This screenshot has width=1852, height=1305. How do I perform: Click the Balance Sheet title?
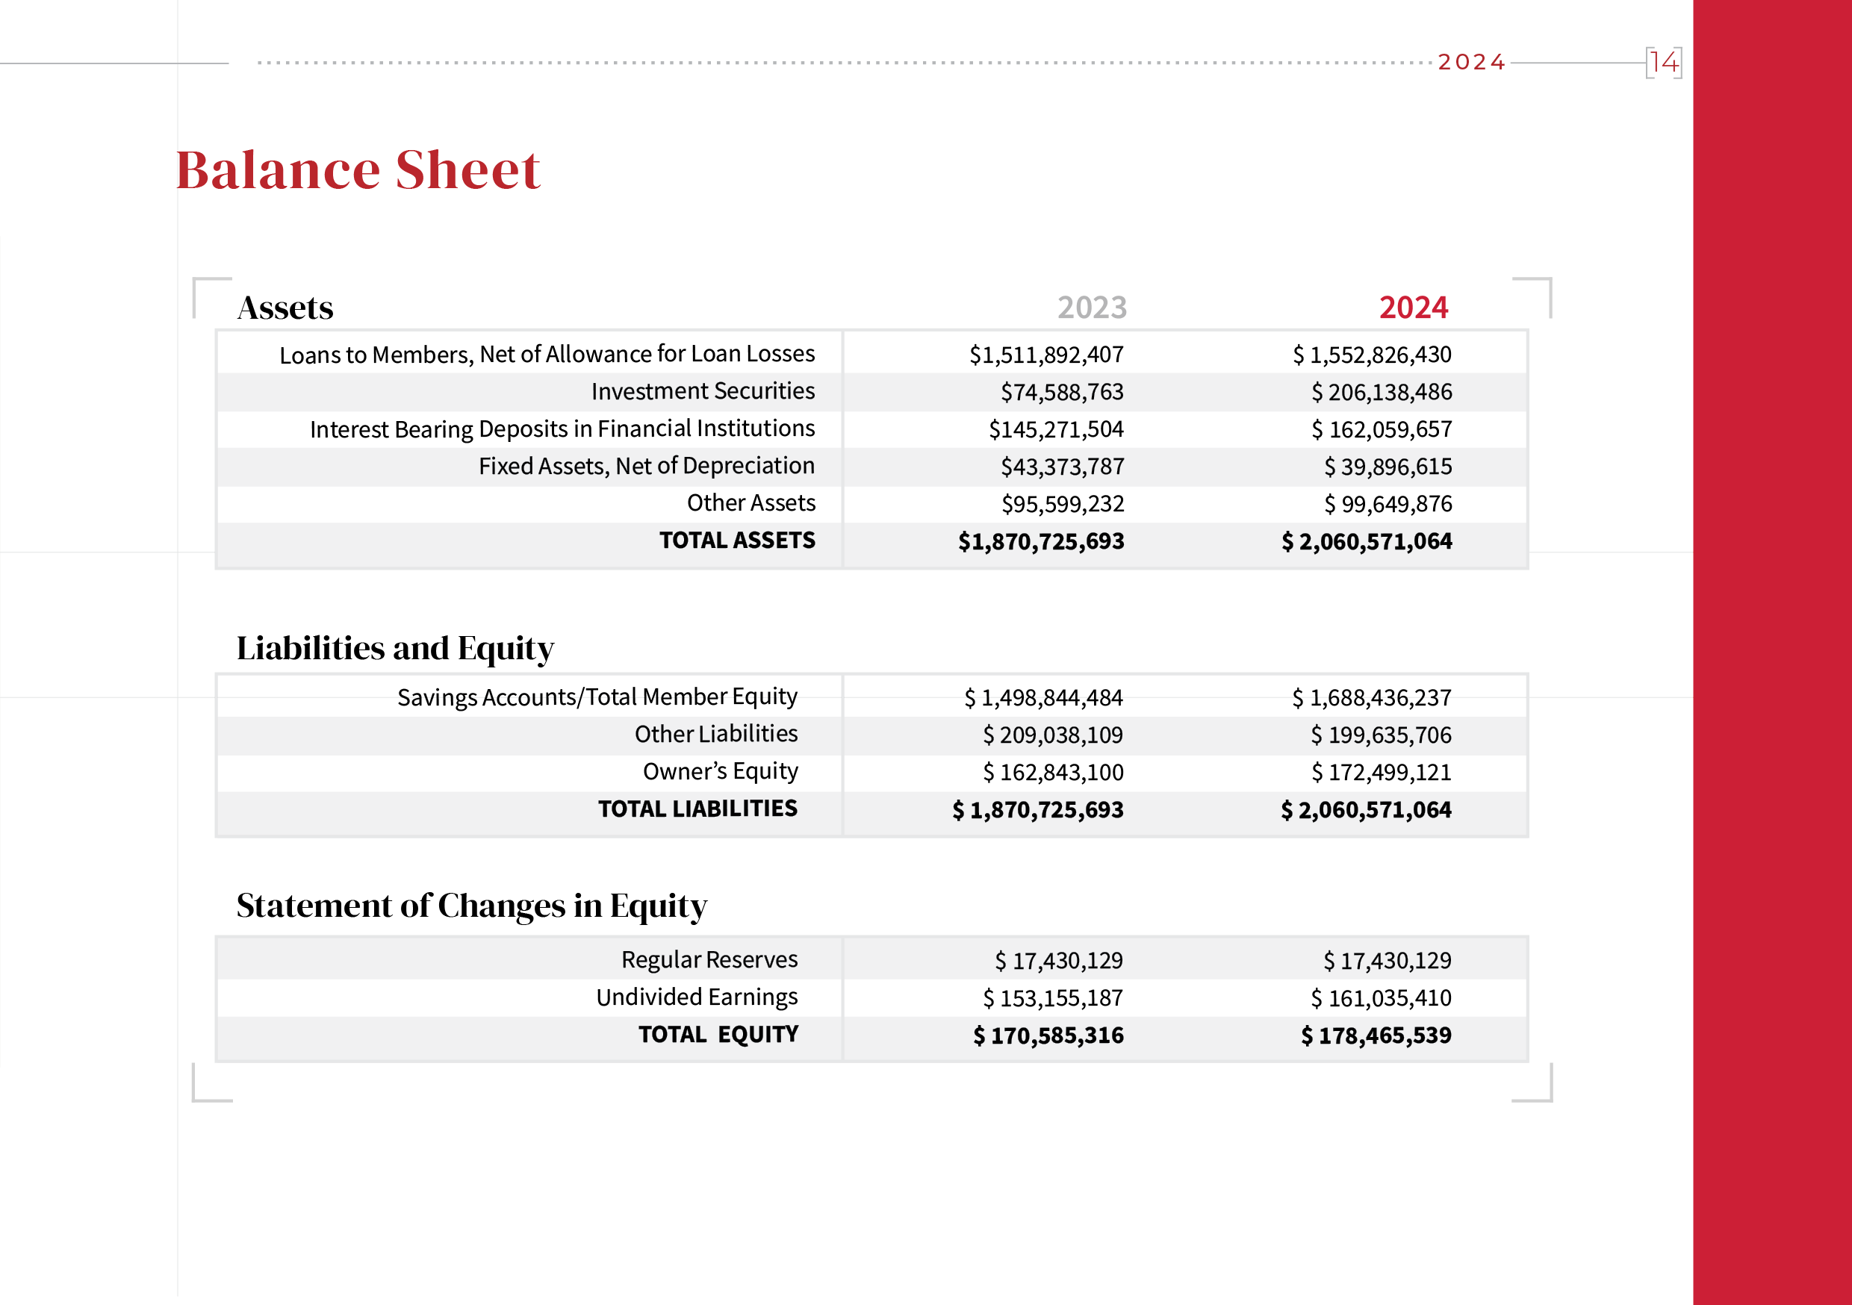358,170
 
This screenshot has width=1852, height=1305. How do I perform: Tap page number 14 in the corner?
1663,62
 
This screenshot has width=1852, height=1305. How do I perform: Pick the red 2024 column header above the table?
1413,308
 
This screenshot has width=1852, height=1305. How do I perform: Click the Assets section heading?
285,308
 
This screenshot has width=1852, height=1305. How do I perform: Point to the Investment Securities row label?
703,391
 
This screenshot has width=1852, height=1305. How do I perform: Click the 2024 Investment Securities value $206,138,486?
1381,392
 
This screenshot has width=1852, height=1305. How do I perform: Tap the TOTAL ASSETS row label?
737,541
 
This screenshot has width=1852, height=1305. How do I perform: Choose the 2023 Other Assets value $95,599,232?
1063,504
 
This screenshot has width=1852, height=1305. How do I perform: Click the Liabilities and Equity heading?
395,649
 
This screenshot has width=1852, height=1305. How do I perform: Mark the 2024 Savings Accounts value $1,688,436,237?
1371,697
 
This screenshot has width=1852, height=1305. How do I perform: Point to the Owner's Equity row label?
721,772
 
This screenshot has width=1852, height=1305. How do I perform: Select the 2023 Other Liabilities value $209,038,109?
1053,735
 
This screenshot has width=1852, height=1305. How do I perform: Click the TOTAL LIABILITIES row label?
697,809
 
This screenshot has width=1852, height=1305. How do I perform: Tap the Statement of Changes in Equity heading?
472,906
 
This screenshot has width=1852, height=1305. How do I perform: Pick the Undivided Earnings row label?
697,997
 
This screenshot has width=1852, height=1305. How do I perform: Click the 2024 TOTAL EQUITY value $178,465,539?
1376,1035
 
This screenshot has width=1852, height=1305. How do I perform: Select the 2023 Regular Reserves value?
1058,961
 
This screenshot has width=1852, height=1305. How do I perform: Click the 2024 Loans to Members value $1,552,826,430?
1371,355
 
